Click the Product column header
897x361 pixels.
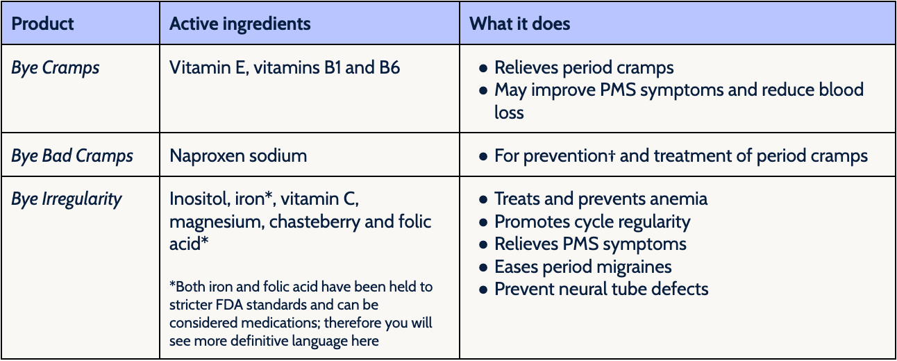(x=42, y=24)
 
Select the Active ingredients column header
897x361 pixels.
(x=240, y=24)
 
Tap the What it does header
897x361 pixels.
(x=519, y=24)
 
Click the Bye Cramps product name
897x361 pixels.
(x=56, y=67)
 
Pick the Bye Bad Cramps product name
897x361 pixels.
(x=72, y=156)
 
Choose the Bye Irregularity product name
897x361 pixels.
(x=67, y=199)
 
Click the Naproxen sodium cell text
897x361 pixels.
(x=238, y=156)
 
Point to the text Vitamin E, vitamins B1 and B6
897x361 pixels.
(x=285, y=67)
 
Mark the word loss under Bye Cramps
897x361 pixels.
(x=509, y=112)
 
